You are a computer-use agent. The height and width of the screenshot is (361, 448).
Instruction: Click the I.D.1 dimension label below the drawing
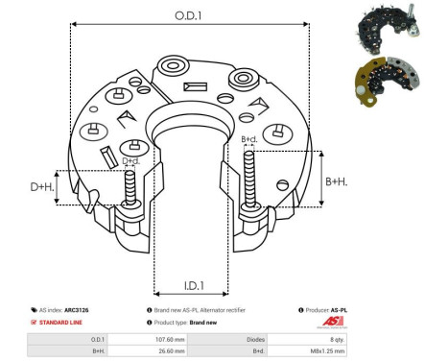192,285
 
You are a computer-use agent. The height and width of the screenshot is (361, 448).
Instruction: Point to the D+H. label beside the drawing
40,186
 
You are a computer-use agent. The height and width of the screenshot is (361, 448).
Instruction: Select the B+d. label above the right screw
249,140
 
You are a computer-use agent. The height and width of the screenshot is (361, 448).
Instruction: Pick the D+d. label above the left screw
130,160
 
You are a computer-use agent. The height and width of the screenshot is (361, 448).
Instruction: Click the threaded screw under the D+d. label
130,189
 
